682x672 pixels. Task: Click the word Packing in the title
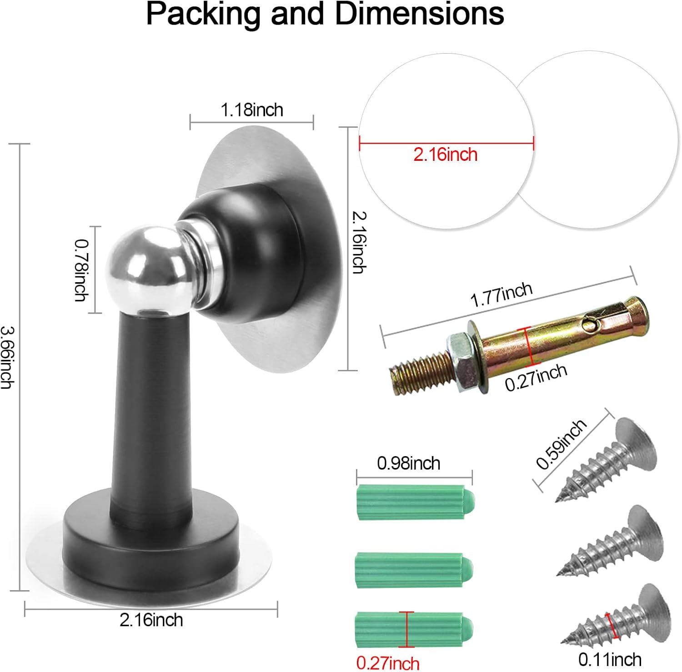pos(204,15)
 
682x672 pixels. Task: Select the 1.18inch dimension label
pos(251,110)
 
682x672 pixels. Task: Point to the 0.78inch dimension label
pos(81,270)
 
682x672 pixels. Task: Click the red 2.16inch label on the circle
pos(445,155)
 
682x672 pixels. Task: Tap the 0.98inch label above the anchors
pos(408,463)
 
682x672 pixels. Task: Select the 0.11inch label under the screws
pos(610,659)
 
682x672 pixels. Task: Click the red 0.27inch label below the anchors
pos(387,663)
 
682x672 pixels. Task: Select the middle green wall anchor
pos(413,570)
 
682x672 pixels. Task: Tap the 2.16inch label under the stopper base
pos(151,620)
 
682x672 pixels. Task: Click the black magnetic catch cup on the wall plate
pos(255,254)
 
